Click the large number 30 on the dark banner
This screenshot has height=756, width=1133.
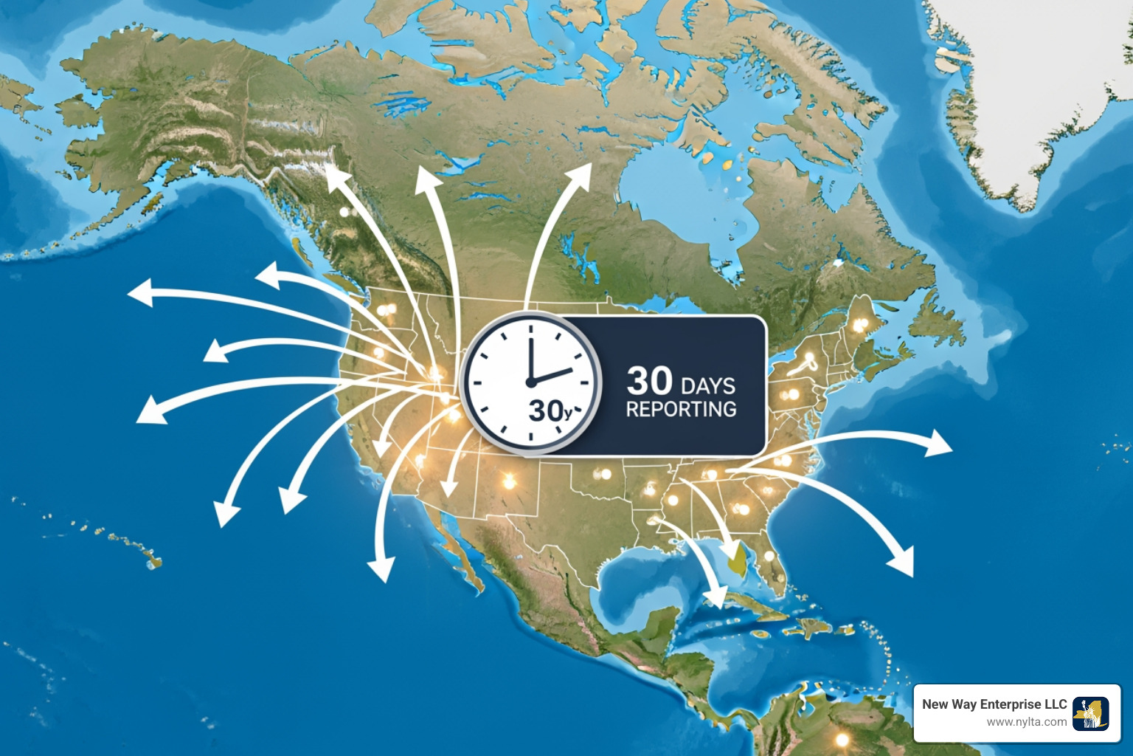point(649,381)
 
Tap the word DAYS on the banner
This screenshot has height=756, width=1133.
point(708,386)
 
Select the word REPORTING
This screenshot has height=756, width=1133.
point(681,409)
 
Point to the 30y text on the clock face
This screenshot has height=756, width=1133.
point(550,410)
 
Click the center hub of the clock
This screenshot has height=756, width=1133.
point(530,382)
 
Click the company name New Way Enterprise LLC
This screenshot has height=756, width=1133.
point(994,704)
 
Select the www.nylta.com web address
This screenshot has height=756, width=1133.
point(1026,722)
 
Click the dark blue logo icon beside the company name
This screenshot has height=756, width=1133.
point(1090,714)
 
